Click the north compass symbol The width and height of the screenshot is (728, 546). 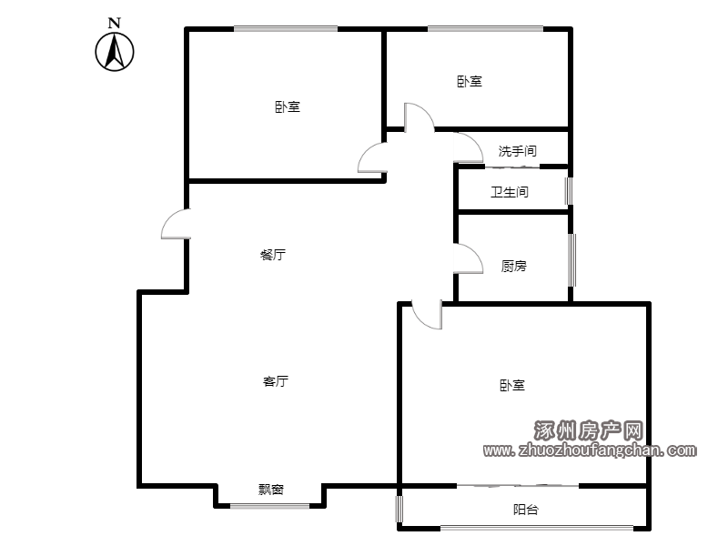click(115, 52)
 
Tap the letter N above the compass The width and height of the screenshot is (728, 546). click(115, 23)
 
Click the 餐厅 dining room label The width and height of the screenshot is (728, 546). click(273, 255)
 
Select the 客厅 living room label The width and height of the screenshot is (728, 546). click(276, 381)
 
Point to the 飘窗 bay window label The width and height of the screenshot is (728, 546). click(271, 490)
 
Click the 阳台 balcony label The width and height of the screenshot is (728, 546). click(526, 510)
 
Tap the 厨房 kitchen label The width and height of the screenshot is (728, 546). click(514, 266)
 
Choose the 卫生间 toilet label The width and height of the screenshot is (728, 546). click(510, 192)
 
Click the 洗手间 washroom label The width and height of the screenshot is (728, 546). click(518, 151)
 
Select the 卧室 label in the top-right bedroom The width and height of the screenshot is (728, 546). click(470, 82)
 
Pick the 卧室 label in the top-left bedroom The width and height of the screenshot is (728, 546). click(288, 106)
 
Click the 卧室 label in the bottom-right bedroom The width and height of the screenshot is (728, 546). click(512, 385)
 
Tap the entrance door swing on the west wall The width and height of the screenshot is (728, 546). click(170, 218)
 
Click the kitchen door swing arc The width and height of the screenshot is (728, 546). click(474, 253)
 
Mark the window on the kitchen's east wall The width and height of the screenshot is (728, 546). click(572, 260)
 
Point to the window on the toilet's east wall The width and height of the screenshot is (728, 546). click(568, 191)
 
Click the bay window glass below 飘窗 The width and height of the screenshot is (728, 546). click(269, 506)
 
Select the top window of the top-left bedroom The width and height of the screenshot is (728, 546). click(286, 29)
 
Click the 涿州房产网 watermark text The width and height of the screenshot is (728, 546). click(588, 430)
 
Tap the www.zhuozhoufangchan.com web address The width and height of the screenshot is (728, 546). click(590, 450)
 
